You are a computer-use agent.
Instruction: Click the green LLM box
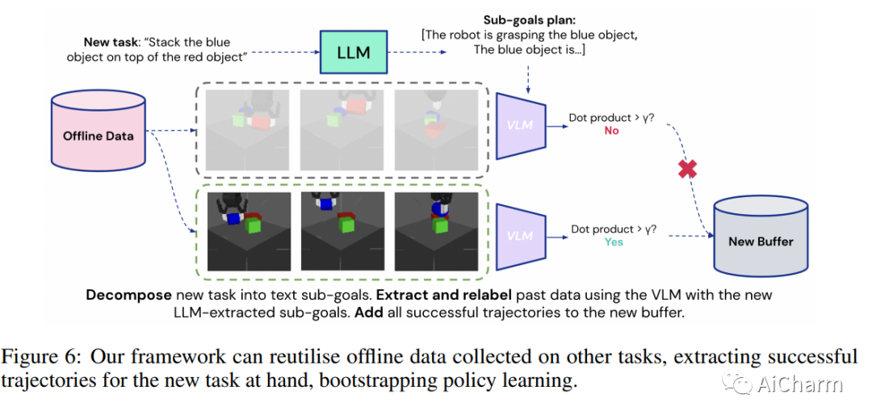353,52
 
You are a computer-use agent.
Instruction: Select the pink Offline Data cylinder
98,130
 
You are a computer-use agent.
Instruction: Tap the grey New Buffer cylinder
761,236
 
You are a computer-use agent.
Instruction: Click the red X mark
687,168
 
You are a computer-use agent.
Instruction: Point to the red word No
611,131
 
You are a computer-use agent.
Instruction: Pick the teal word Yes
614,242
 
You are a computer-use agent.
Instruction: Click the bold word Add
369,313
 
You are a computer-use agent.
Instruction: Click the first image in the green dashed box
249,232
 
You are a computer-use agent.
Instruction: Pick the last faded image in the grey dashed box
436,130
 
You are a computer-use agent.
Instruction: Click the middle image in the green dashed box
342,232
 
